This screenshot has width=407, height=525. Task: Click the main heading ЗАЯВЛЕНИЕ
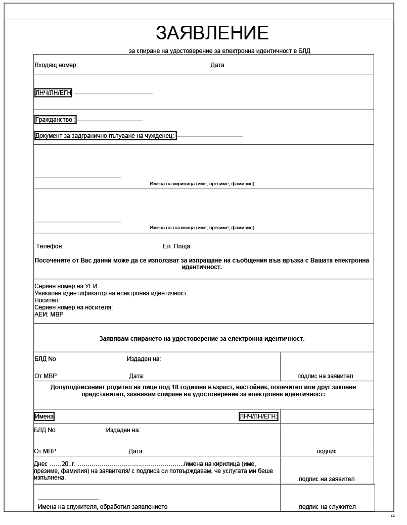(x=212, y=33)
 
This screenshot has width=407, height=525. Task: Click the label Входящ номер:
(x=56, y=65)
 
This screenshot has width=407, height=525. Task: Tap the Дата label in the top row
(x=217, y=65)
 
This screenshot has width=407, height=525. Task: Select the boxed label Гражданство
(x=55, y=120)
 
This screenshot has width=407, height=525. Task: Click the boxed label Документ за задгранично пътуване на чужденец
(x=105, y=136)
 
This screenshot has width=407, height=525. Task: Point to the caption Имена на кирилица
(x=202, y=184)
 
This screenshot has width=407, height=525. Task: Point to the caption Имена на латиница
(x=202, y=228)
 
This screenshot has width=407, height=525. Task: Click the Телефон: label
(x=50, y=246)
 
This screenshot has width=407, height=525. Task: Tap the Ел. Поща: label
(x=177, y=246)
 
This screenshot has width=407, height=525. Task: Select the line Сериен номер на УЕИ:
(x=67, y=286)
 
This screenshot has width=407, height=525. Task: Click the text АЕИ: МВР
(x=49, y=314)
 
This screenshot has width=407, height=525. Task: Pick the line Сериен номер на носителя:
(x=73, y=307)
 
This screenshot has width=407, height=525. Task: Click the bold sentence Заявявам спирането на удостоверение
(x=202, y=339)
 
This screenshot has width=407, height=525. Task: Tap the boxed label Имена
(x=44, y=416)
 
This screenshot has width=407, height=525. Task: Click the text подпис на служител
(x=327, y=507)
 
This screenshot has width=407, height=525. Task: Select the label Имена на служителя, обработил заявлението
(x=103, y=507)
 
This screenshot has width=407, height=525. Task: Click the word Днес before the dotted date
(x=41, y=464)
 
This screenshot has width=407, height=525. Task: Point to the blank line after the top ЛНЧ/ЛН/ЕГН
(x=114, y=94)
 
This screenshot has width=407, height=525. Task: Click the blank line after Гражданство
(x=110, y=121)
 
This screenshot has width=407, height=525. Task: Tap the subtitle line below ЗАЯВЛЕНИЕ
(x=223, y=51)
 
